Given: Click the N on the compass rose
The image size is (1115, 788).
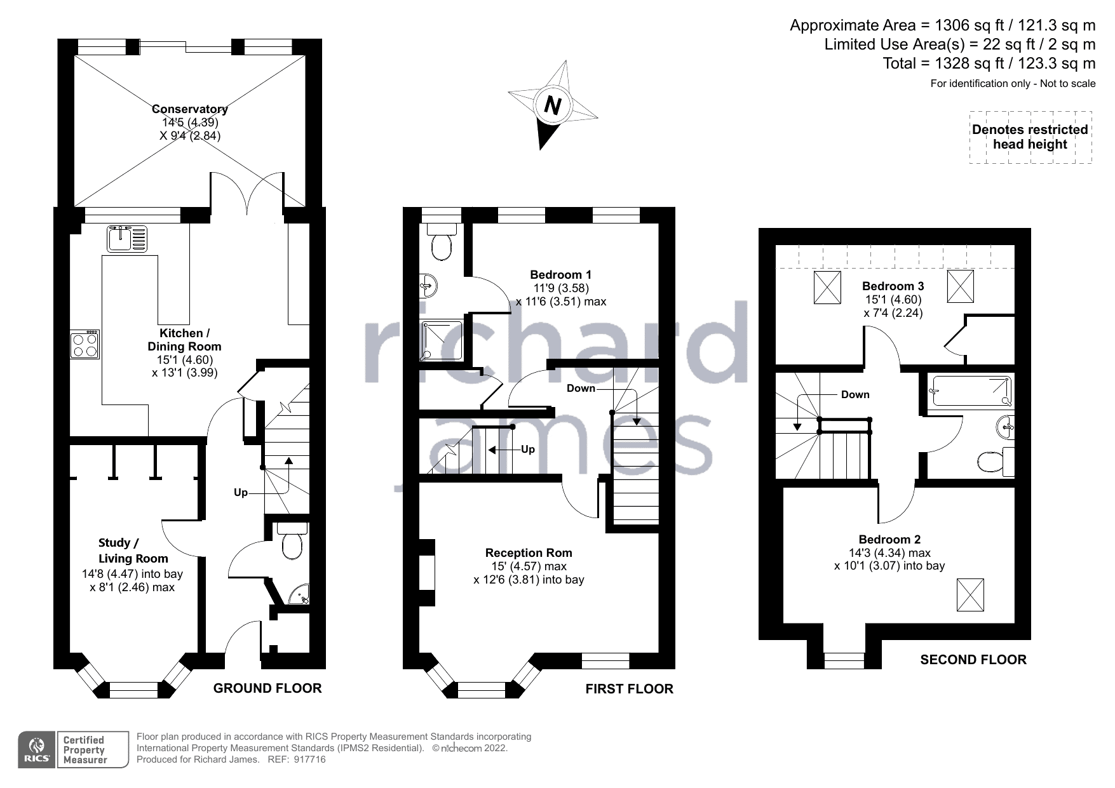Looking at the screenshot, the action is point(554,105).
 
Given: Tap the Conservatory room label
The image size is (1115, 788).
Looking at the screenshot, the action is point(190,109).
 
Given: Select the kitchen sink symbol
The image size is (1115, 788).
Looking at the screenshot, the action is point(127,238).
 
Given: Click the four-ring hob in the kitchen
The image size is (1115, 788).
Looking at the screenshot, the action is point(84,345).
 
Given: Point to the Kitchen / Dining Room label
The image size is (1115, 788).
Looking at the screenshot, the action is point(184,340).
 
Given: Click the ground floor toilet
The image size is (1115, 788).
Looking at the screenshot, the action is point(293,540).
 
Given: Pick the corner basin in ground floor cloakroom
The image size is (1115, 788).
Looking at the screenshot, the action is point(298,594).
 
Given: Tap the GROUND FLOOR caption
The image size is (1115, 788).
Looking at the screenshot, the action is point(267,688).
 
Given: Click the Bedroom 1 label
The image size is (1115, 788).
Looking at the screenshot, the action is point(561,275).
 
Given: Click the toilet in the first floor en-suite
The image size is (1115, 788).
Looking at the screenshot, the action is point(442,242).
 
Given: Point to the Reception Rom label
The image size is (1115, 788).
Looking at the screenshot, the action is point(529,553).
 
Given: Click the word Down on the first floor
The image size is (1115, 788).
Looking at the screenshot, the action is point(581,389).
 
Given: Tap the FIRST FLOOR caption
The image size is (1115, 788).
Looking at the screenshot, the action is point(629,689).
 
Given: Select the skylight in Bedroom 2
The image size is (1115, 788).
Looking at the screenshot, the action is point(970,595).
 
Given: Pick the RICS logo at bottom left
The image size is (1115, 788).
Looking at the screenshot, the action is point(36,750).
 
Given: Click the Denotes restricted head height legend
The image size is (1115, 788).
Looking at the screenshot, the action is point(1030,137).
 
